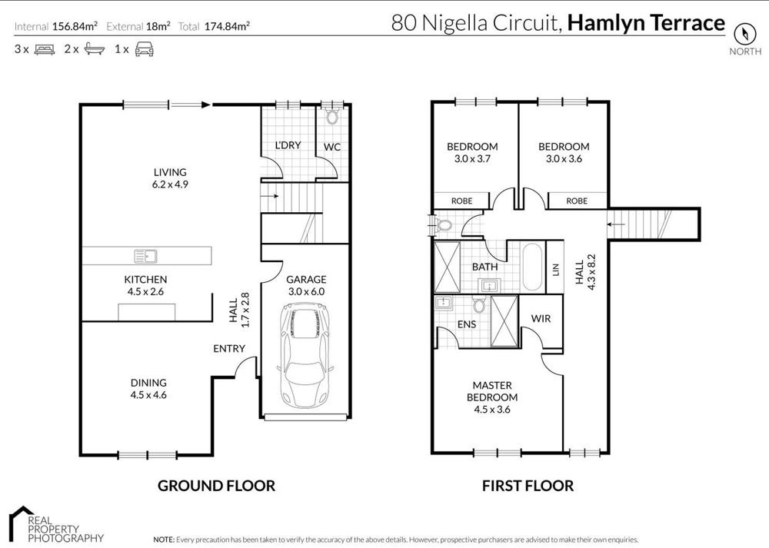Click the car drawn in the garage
click(305, 355)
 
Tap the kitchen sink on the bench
click(145, 256)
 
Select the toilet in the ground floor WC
click(332, 117)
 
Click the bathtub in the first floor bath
click(532, 267)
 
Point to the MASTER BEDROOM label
click(492, 391)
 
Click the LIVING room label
click(170, 172)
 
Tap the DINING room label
click(148, 383)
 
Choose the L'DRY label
click(288, 145)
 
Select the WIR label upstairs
click(541, 319)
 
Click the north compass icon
click(744, 35)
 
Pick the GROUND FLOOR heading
click(216, 486)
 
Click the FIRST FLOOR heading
click(528, 486)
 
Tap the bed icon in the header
click(45, 49)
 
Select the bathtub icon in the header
click(94, 49)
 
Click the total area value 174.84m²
click(227, 26)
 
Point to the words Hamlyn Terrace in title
click(646, 23)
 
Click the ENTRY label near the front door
click(229, 348)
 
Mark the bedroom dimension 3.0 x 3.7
click(472, 159)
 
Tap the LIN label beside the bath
click(556, 270)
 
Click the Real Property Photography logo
click(56, 525)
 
